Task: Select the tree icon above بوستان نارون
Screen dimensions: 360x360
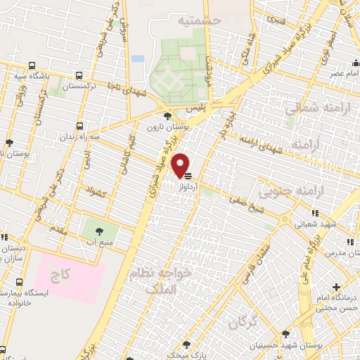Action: click(x=166, y=117)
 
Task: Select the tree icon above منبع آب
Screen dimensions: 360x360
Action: click(x=98, y=230)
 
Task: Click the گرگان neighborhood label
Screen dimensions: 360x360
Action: click(x=243, y=323)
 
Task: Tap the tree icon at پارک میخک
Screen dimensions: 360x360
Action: click(x=186, y=345)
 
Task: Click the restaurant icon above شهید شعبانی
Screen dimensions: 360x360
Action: click(x=315, y=213)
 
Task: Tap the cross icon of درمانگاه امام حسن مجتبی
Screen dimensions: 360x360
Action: click(x=336, y=287)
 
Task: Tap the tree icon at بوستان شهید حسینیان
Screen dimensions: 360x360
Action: click(x=285, y=334)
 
